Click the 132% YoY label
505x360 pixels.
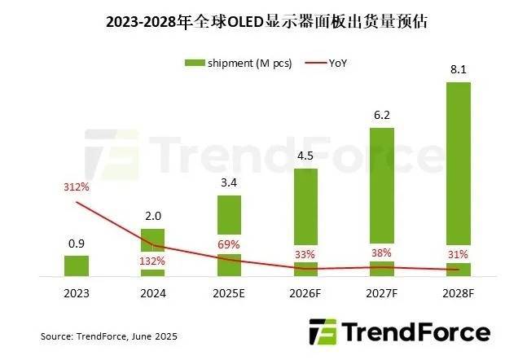[153, 261]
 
